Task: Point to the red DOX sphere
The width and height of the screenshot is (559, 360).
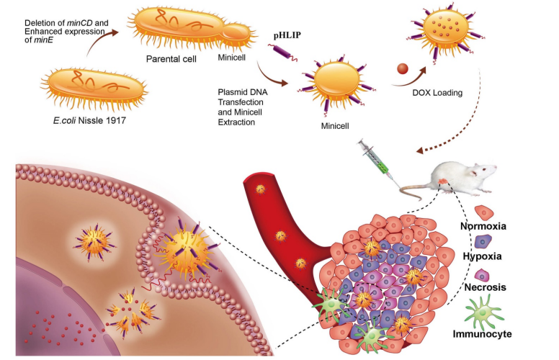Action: [403, 71]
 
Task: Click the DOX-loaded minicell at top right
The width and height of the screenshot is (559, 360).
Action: [450, 30]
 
